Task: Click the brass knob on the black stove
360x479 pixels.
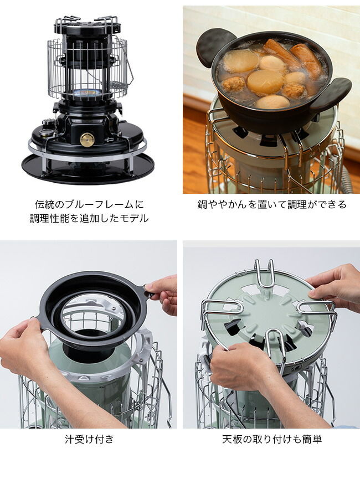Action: (87, 140)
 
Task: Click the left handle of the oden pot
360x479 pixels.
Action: (212, 47)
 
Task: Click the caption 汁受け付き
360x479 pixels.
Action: (89, 439)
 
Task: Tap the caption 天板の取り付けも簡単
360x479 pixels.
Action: (272, 439)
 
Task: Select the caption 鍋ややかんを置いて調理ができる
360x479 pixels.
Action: (272, 204)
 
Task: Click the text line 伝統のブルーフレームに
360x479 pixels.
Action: (89, 204)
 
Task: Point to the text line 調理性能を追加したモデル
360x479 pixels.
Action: (89, 218)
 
